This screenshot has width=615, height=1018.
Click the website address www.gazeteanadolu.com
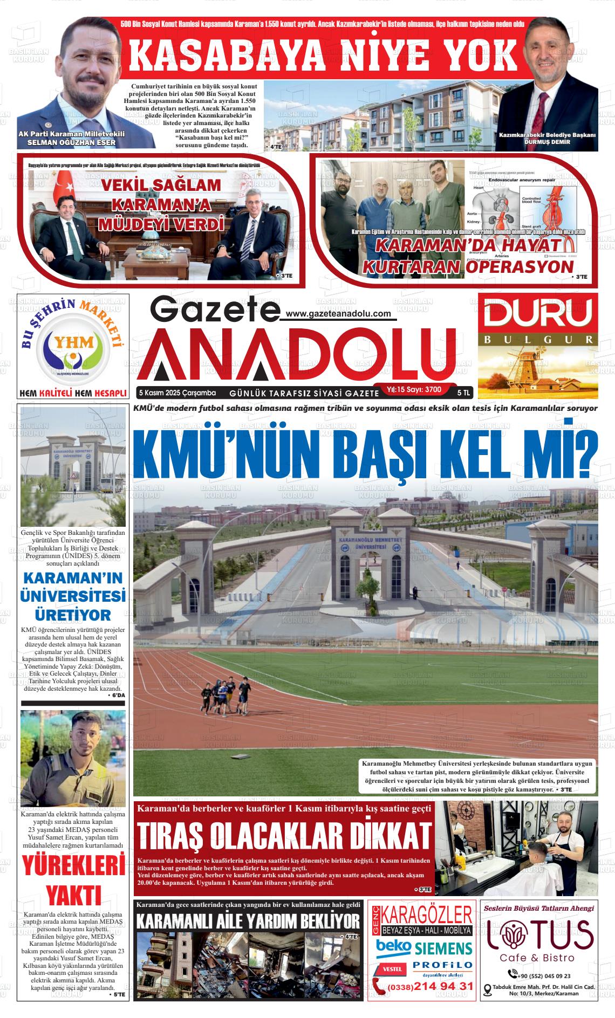(338, 314)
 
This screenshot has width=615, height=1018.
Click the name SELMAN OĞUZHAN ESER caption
(71, 142)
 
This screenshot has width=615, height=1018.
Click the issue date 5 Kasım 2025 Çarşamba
(177, 392)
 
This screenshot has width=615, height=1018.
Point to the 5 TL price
(463, 393)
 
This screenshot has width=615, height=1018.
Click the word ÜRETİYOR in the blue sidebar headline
(73, 615)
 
